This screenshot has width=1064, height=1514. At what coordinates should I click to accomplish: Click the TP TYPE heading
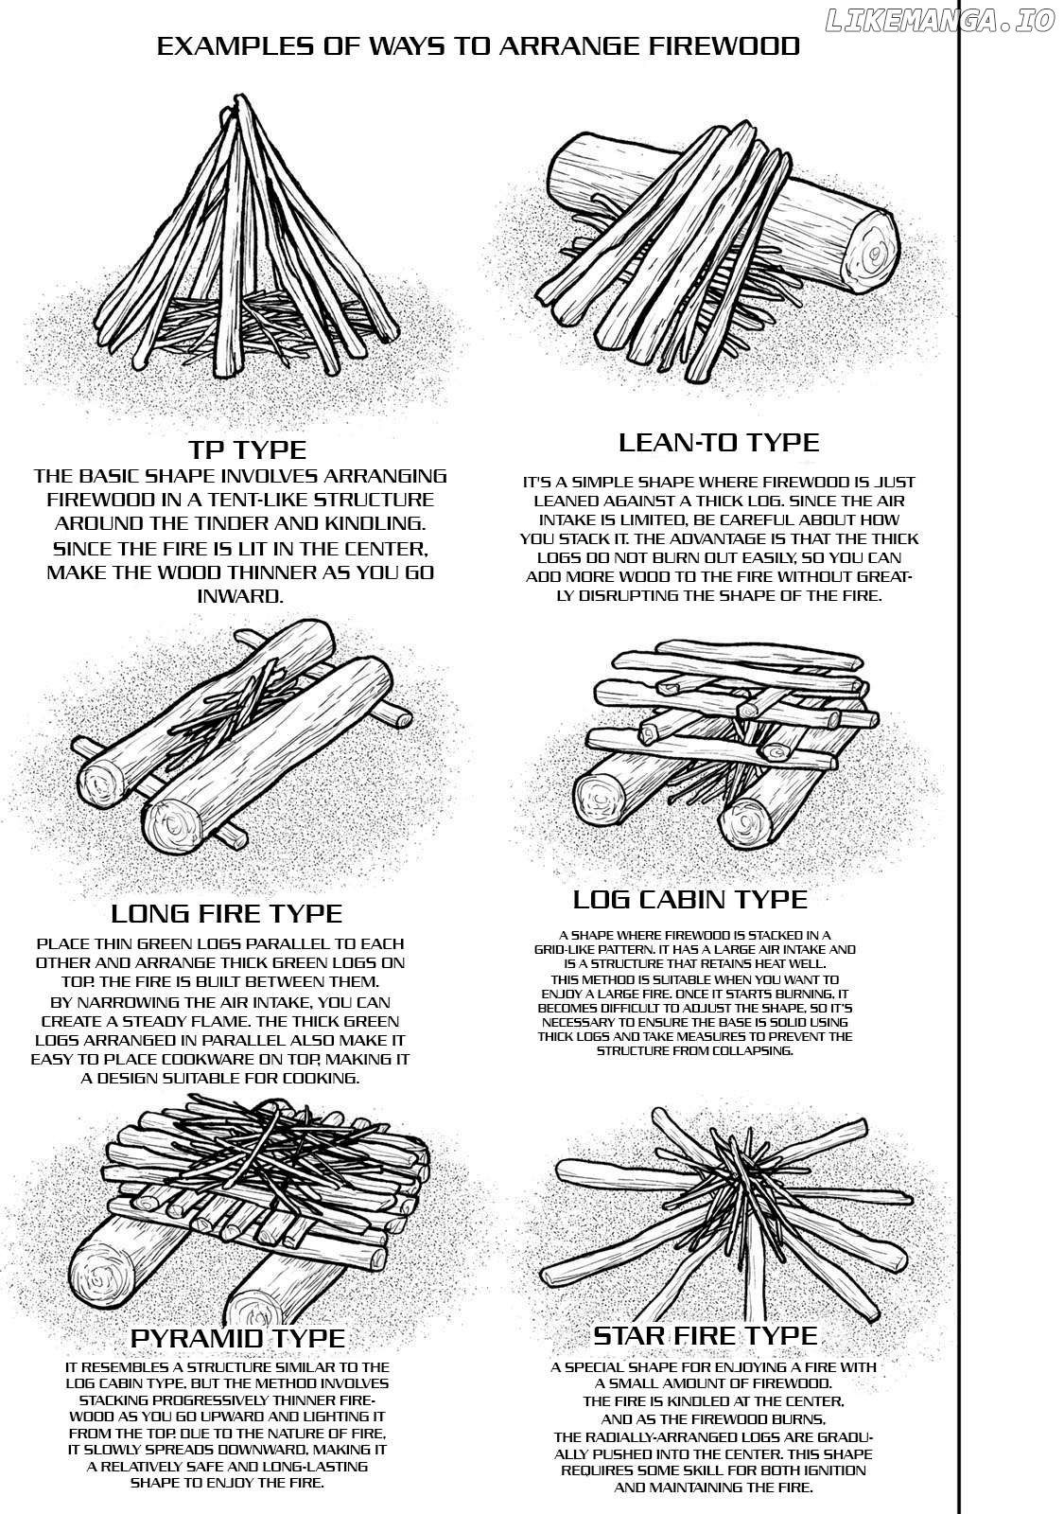[247, 449]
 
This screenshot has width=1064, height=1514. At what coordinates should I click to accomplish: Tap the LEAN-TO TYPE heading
[718, 442]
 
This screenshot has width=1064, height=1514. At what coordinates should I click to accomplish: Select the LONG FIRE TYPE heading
[226, 913]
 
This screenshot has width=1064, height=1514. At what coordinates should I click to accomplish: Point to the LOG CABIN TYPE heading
[690, 898]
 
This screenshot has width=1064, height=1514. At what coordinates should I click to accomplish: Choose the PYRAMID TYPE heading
[237, 1337]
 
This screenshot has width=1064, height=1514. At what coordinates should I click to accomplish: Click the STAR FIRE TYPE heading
[705, 1334]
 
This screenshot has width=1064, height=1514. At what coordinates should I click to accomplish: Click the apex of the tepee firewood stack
[244, 106]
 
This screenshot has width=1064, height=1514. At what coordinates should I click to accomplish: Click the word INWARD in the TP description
[240, 596]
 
